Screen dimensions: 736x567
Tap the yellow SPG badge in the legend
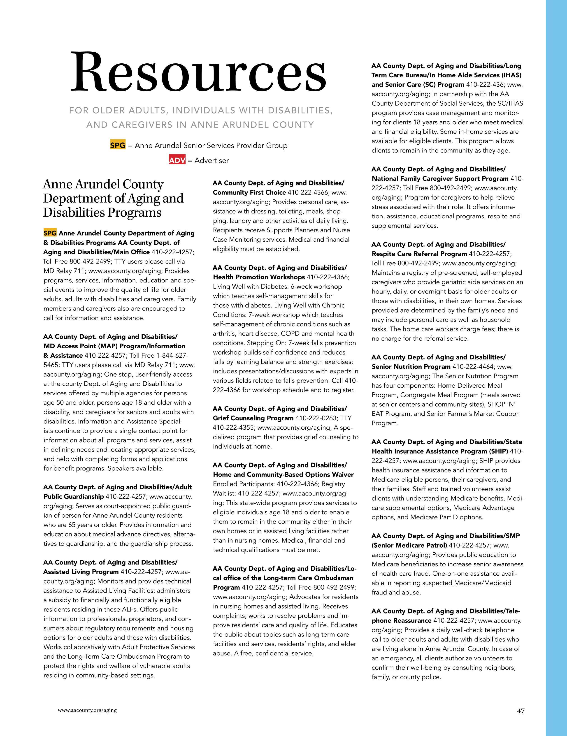coord(118,145)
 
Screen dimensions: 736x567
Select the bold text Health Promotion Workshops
coord(258,277)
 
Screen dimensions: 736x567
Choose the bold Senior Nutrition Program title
coord(411,366)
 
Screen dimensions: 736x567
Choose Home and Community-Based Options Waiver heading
coord(283,474)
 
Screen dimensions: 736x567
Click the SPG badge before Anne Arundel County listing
coord(50,233)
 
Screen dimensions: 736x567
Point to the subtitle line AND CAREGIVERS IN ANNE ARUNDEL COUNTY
coord(200,125)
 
